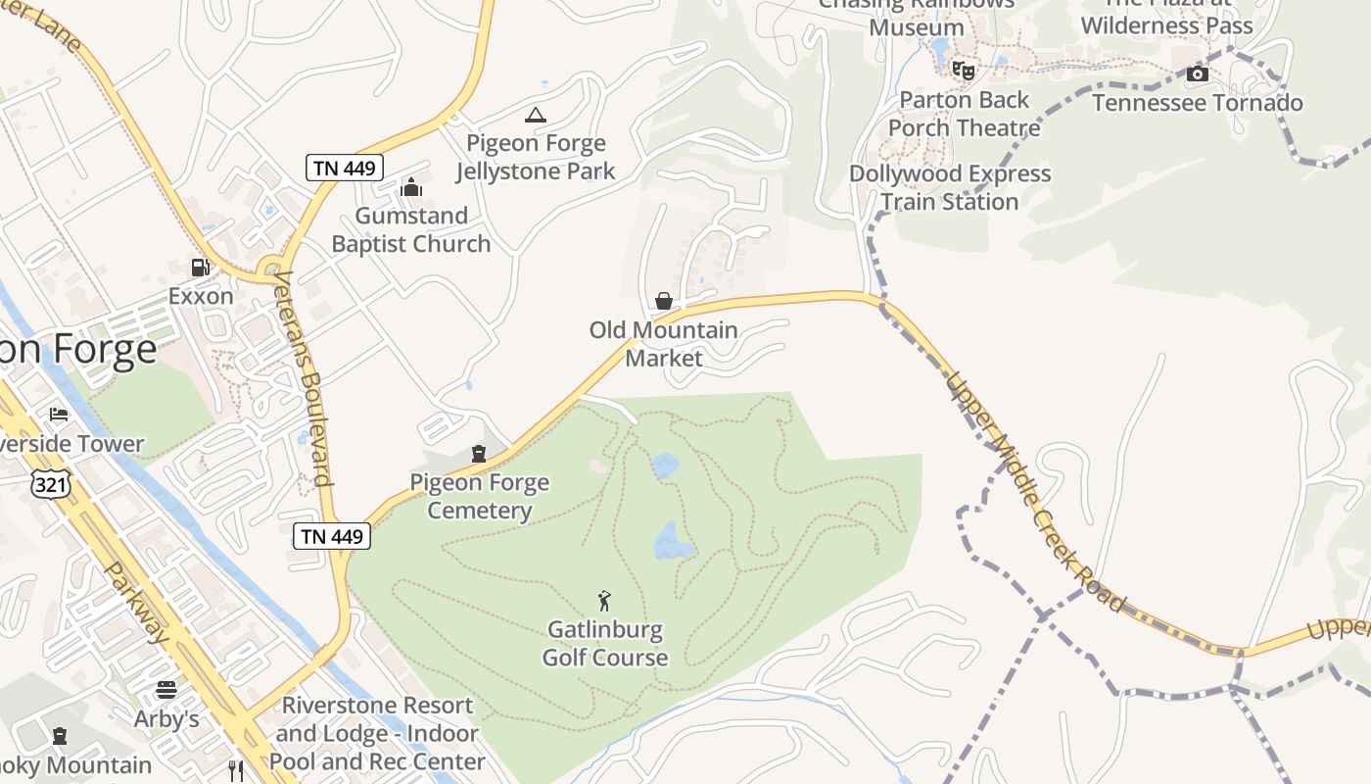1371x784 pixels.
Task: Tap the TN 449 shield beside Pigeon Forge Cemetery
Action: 332,536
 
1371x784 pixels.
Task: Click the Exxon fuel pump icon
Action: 201,267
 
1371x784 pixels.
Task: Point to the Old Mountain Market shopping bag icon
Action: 664,301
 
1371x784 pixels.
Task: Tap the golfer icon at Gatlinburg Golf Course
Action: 605,601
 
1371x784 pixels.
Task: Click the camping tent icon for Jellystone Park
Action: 535,116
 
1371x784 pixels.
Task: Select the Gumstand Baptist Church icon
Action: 411,187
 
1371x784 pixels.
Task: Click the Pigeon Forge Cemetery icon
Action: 479,454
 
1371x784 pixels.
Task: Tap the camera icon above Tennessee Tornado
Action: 1197,74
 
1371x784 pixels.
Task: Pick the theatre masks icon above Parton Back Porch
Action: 965,71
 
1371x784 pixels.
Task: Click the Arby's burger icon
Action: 166,690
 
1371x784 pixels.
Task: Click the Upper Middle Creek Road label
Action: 1036,492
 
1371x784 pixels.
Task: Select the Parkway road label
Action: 137,603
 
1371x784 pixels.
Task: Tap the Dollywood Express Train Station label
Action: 950,187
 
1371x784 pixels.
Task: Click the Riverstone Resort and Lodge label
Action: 377,733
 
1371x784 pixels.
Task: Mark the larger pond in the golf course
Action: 674,541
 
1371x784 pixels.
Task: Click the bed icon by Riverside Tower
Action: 59,415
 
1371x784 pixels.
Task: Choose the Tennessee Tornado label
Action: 1197,103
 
